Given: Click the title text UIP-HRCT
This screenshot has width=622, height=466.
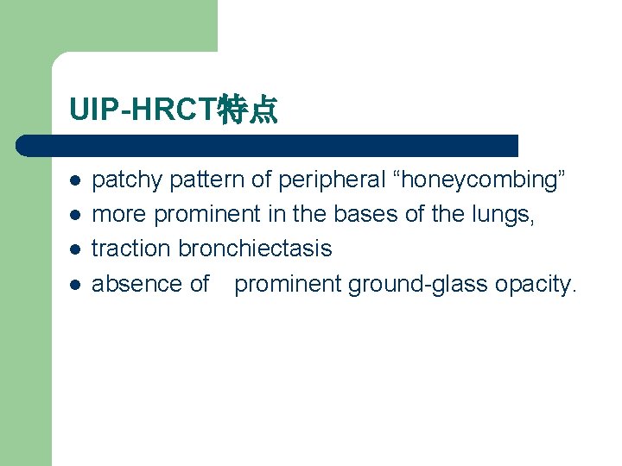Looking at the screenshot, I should pyautogui.click(x=144, y=110).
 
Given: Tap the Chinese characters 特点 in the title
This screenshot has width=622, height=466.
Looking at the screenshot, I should pyautogui.click(x=248, y=110).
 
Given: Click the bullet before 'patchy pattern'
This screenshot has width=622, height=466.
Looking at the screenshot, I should pyautogui.click(x=75, y=180).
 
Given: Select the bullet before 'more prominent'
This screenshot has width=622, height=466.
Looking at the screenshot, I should pyautogui.click(x=75, y=215).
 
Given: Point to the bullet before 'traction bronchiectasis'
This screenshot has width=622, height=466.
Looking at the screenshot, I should pyautogui.click(x=75, y=249).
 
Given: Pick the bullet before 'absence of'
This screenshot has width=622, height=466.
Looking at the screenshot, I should pyautogui.click(x=75, y=284).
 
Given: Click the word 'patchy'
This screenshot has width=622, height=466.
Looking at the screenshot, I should pyautogui.click(x=128, y=180).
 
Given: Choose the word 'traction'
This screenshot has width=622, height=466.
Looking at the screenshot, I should pyautogui.click(x=132, y=249).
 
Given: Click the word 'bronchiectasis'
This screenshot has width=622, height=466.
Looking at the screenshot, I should pyautogui.click(x=255, y=249).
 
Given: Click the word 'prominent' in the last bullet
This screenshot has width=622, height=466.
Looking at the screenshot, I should pyautogui.click(x=289, y=284).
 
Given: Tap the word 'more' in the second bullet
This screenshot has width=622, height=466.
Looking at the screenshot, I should pyautogui.click(x=120, y=215).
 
